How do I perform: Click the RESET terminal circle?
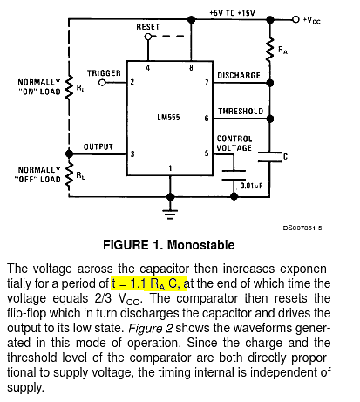coord(148,37)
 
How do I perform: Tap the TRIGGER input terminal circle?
coord(102,83)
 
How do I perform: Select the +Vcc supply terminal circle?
coord(295,19)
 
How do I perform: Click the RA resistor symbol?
coord(270,50)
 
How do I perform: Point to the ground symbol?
coord(170,214)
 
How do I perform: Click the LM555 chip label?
coord(168,118)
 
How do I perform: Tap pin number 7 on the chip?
coord(207,83)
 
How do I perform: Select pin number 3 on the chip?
coord(132,153)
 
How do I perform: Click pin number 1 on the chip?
coord(170,168)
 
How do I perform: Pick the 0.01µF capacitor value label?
coord(251,186)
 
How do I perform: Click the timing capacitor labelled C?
coord(269,156)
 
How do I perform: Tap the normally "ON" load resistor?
coord(69,88)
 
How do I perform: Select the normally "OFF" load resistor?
coord(69,174)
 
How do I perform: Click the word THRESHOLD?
coord(241,111)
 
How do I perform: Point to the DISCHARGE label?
coord(239,75)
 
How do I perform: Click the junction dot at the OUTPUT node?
coord(69,153)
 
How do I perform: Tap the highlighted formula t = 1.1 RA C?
coord(148,283)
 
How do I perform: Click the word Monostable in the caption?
coord(201,245)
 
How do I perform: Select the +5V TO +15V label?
coord(232,13)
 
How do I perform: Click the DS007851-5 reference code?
coord(302,228)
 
